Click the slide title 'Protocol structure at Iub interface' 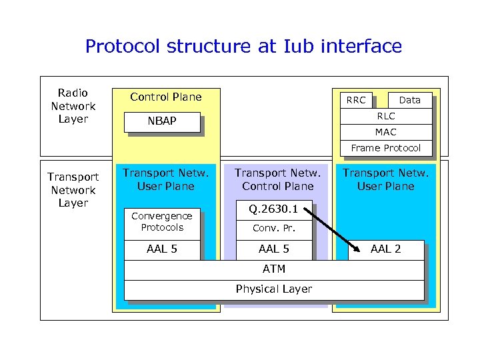243,46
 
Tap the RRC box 356,100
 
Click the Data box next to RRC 409,100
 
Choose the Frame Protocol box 385,148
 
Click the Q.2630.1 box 274,209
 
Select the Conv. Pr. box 274,229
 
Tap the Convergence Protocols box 161,221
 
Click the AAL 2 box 385,249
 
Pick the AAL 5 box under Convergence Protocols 161,249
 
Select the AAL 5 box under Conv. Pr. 274,249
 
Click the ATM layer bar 274,269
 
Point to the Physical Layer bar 274,289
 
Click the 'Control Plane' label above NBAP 165,97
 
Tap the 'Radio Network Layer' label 73,106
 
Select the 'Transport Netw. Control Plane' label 277,180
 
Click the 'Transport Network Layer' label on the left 73,190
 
